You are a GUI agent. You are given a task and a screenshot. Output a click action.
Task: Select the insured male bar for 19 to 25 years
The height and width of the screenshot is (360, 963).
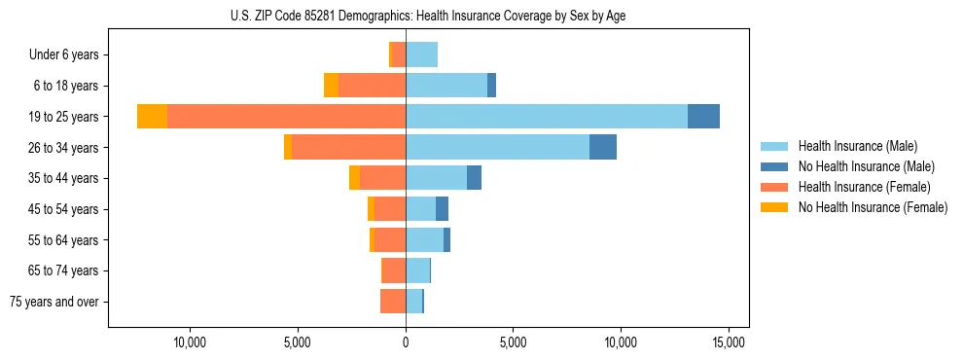[x=546, y=117]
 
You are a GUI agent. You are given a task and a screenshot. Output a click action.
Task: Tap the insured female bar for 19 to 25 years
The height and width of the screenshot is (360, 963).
[x=286, y=117]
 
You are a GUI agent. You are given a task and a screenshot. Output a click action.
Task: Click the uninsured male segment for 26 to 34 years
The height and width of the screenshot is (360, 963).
[x=603, y=147]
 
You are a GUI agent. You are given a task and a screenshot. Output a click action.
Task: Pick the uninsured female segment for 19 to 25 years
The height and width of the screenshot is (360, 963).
[x=152, y=117]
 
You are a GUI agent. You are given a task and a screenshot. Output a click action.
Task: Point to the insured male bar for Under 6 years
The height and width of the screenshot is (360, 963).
[x=421, y=54]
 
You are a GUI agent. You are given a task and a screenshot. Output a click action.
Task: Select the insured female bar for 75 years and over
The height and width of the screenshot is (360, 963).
[x=393, y=302]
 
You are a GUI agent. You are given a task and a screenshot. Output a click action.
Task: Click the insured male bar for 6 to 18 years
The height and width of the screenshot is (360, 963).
[x=446, y=86]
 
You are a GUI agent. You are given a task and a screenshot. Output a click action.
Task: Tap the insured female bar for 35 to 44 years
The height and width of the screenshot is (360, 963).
[x=382, y=178]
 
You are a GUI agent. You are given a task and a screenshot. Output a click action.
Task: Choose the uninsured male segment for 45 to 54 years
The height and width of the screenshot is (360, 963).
[x=442, y=209]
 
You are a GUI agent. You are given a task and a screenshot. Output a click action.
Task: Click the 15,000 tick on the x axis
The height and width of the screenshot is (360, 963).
[x=729, y=342]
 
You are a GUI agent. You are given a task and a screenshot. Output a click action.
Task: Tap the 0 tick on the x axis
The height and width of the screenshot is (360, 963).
[x=406, y=342]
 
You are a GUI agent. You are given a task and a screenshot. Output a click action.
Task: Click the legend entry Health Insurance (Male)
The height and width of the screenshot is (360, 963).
[x=857, y=146]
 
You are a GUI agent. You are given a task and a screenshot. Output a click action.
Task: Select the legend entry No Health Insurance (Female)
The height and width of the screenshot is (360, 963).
[x=873, y=207]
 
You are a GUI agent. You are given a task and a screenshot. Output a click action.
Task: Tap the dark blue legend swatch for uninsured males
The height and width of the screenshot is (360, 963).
[x=774, y=166]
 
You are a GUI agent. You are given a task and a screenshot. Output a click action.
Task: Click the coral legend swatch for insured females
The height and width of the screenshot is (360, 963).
[x=774, y=187]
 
